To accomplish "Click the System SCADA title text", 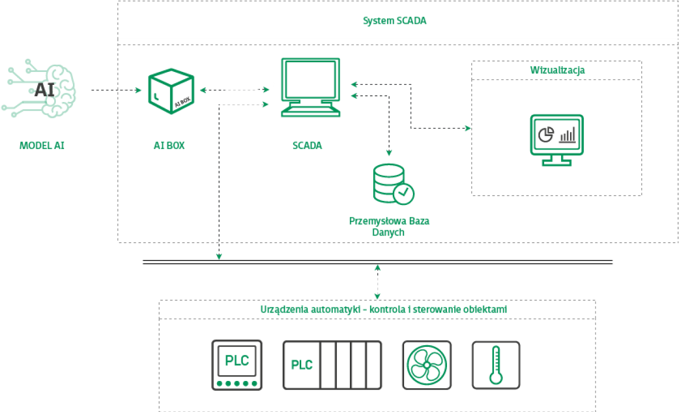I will [395, 21].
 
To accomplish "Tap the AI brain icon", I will [41, 91].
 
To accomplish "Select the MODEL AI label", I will [41, 145].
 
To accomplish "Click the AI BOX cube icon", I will [171, 91].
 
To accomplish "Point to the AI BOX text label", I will [169, 145].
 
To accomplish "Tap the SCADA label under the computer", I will [307, 145].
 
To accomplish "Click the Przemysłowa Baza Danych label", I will [390, 227].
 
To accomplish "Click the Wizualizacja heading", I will [557, 70].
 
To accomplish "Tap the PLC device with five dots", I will [237, 365].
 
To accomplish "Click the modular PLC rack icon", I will [332, 365].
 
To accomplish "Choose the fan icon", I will [427, 365].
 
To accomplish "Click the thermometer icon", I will [496, 365].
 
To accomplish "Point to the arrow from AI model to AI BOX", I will [117, 91].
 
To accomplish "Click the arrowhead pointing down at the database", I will [389, 153].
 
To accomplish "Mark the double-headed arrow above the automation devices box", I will [378, 282].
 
